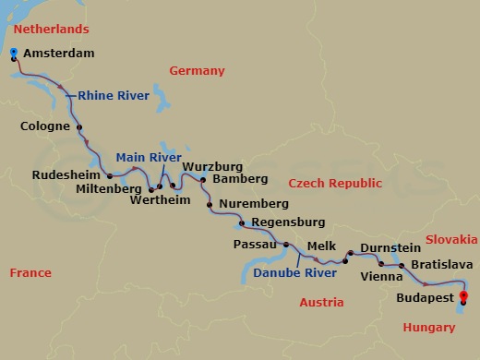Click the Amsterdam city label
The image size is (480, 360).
[x=61, y=54]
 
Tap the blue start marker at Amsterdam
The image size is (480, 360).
[x=14, y=54]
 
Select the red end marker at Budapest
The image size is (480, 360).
[x=463, y=296]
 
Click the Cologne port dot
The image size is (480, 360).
[x=79, y=128]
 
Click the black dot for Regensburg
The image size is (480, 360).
[x=241, y=223]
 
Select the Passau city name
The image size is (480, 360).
[x=256, y=245]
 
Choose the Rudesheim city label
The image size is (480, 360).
[x=66, y=174]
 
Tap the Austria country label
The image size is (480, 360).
[x=322, y=302]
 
